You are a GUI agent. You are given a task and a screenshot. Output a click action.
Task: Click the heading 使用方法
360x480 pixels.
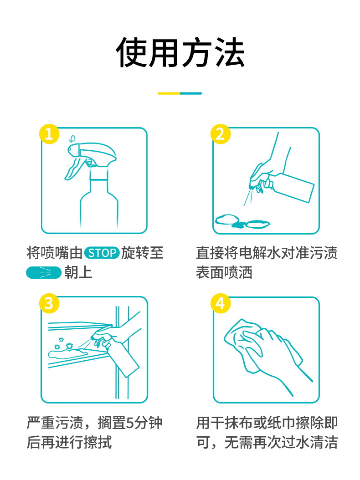pos(180,53)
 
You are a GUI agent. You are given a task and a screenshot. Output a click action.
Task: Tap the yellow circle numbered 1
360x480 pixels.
pos(49,134)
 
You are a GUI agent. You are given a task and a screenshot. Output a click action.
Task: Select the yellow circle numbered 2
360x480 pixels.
pos(221,134)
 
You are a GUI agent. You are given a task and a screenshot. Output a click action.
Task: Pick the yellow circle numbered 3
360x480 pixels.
pos(49,303)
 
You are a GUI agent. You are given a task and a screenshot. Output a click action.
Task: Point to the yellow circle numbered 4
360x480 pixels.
pos(221,303)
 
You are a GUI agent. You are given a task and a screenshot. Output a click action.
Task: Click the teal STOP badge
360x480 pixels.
pos(102,253)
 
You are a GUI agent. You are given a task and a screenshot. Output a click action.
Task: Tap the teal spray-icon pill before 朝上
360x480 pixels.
pos(44,272)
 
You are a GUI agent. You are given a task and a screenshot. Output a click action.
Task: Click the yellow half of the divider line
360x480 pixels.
pos(169,93)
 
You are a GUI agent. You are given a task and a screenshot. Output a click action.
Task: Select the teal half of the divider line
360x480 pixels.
pos(191,93)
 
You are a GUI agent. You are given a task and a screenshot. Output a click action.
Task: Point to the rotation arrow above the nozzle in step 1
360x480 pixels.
pos(72,139)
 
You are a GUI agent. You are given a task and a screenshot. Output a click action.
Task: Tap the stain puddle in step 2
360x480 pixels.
pos(242,221)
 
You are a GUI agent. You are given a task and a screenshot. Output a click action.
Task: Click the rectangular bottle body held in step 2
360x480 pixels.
pos(291,187)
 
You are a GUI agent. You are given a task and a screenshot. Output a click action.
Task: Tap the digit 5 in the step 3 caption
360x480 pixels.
pos(130,423)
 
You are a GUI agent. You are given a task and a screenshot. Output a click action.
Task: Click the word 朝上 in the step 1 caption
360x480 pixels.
pos(78,272)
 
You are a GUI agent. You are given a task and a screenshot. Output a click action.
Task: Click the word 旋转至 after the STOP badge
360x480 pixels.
pos(142,253)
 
